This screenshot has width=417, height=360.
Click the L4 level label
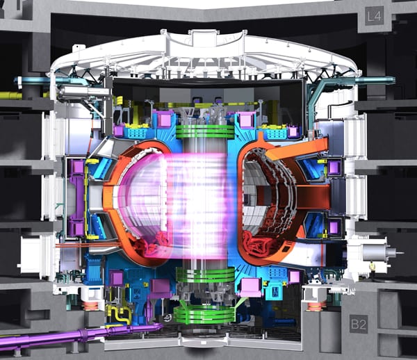pos(374,16)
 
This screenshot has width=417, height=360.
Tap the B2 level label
pos(359,324)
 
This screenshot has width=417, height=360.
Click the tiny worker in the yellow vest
pos(373,266)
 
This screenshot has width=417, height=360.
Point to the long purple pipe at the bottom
pos(80,334)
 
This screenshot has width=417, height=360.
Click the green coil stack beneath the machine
pos(204,315)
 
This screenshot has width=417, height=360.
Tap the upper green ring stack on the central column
pos(205,131)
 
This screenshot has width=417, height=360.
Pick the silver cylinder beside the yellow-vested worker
pos(376,252)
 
